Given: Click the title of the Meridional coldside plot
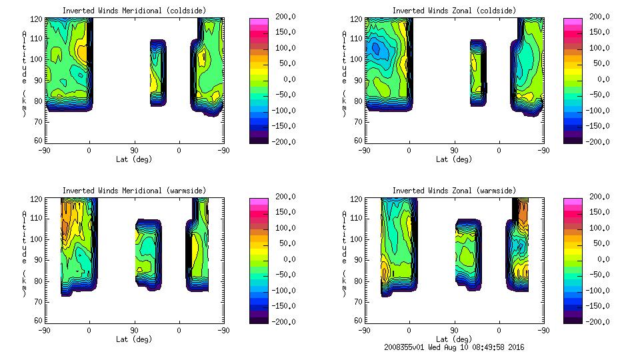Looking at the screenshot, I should coord(134,11).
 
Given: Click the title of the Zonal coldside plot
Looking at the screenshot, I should coord(454,11).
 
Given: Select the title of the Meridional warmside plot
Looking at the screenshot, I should coord(134,191).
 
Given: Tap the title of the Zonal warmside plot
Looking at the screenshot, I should coord(454,191).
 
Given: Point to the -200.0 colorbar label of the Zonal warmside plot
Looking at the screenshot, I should coord(597,322).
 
